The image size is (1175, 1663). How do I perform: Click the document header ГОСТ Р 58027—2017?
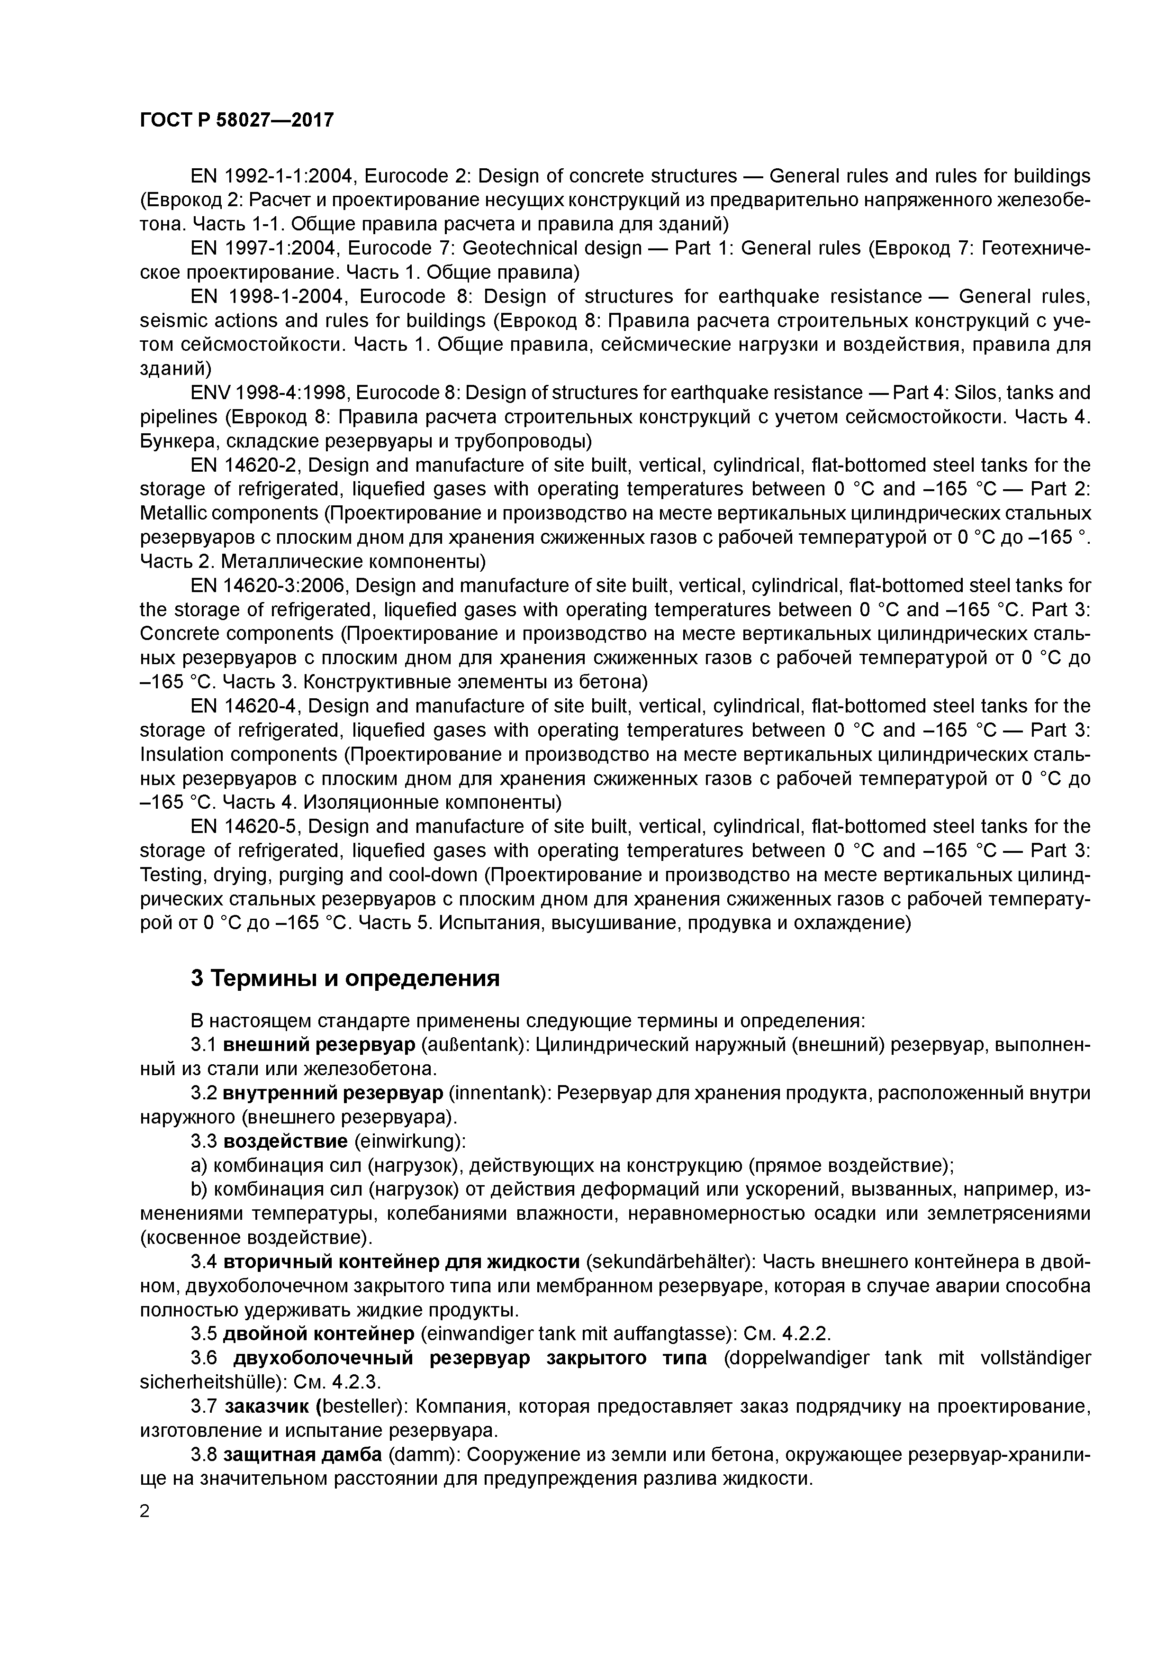[x=237, y=119]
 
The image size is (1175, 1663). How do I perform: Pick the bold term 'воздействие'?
[x=285, y=1142]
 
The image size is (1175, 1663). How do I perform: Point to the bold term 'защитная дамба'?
[x=303, y=1454]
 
